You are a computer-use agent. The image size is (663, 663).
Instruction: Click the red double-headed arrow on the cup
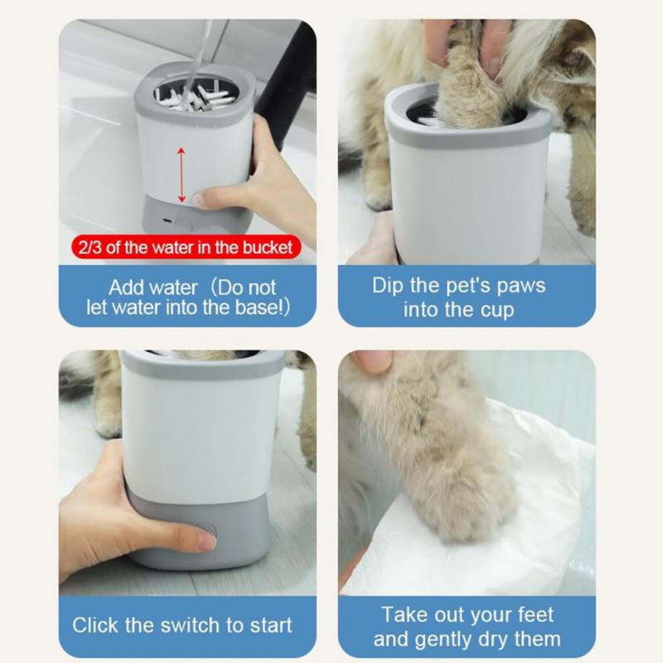(x=180, y=173)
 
